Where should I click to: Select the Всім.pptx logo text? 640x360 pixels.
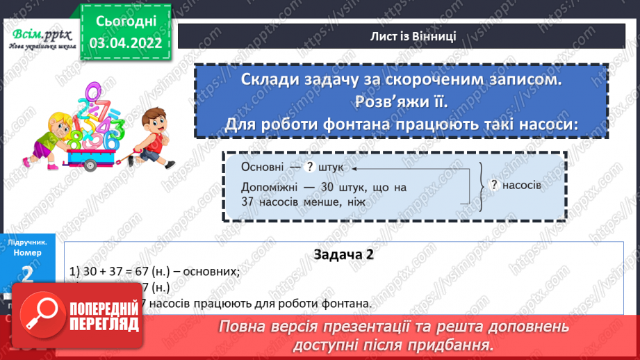tap(39, 33)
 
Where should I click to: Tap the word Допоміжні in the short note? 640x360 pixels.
tap(270, 188)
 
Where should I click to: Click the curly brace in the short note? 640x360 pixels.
tap(479, 186)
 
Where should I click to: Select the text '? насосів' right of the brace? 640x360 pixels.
tap(516, 186)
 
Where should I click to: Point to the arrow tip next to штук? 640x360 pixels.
tap(354, 168)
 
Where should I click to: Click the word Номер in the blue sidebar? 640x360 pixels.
tap(28, 253)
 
